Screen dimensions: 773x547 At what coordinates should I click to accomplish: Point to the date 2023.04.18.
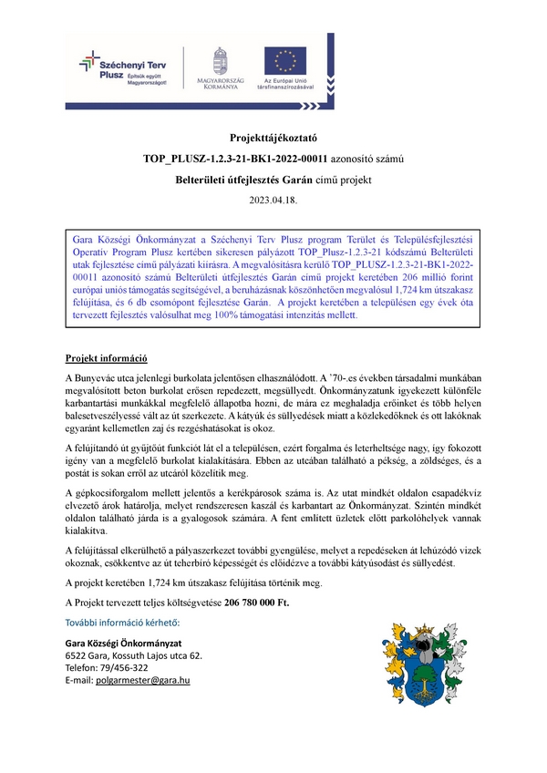point(273,199)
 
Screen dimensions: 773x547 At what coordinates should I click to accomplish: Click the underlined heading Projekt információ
point(107,358)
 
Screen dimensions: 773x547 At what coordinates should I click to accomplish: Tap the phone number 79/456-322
point(128,667)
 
